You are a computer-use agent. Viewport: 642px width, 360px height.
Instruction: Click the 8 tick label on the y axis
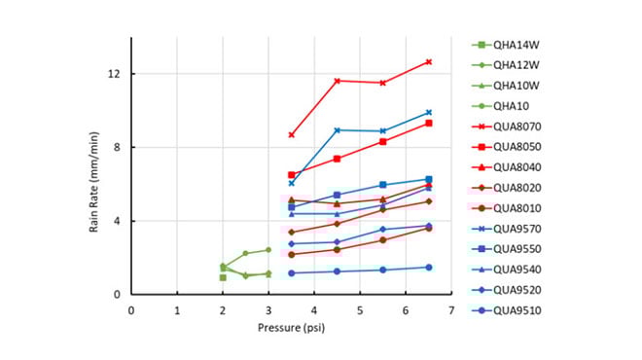coord(117,148)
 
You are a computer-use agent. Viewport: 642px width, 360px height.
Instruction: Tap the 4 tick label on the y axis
coord(117,221)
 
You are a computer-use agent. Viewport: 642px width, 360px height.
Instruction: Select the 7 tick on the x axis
coord(451,310)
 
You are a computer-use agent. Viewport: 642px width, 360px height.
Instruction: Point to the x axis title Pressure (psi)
coord(291,328)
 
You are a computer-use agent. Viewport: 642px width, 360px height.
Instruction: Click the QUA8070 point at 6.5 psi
coord(428,61)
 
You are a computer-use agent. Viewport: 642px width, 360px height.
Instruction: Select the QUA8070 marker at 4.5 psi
coord(337,81)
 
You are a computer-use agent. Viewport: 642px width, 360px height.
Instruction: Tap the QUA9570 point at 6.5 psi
coord(428,112)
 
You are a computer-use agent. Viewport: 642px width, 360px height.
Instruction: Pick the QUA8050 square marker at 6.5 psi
coord(428,123)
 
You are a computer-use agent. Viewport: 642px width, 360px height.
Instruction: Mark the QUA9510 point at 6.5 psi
coord(428,267)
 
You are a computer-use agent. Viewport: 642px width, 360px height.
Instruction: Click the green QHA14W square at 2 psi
coord(223,277)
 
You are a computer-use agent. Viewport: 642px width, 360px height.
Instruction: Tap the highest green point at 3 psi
coord(268,250)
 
